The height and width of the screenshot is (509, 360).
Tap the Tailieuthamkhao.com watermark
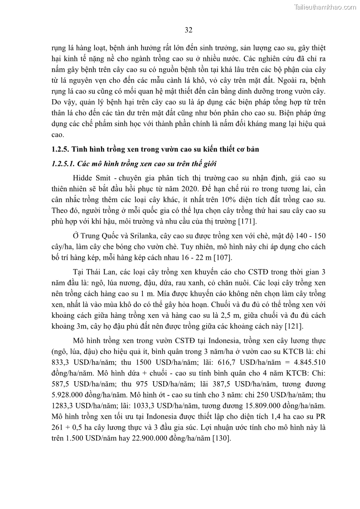[x=325, y=7]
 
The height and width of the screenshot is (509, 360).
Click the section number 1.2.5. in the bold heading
[x=61, y=150]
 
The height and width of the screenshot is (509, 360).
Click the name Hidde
[x=83, y=178]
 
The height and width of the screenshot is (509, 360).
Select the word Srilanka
[x=131, y=236]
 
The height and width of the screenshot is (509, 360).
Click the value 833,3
[x=62, y=362]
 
